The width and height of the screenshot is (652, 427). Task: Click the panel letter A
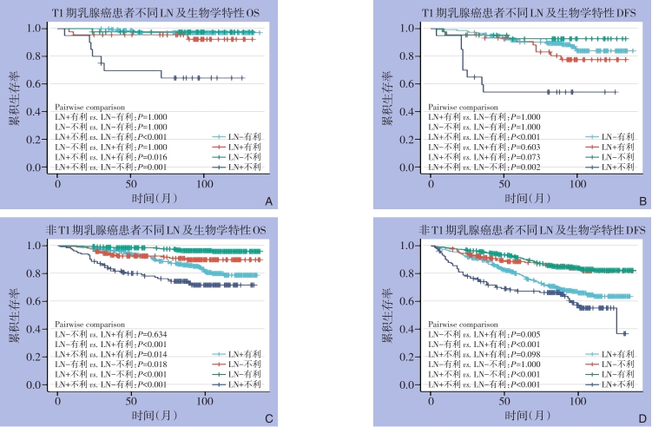click(268, 202)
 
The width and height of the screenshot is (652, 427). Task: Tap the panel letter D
click(642, 418)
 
